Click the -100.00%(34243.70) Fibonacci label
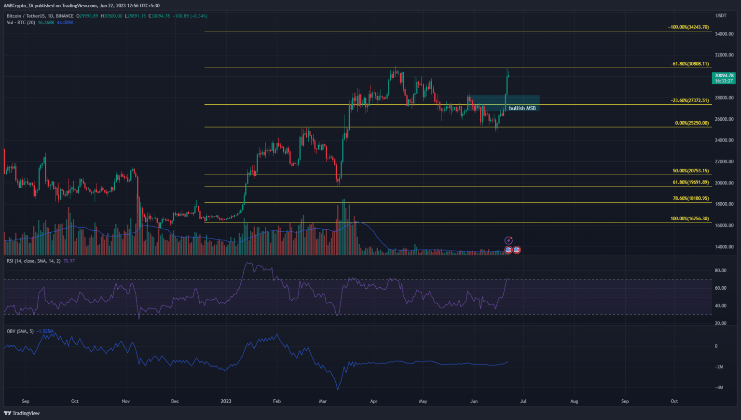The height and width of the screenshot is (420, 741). [688, 27]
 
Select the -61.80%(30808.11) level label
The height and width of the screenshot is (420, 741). [689, 64]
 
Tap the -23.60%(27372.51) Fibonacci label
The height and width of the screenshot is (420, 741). [689, 100]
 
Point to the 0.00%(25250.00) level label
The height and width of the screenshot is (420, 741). [692, 123]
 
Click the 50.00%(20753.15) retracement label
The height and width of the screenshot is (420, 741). [691, 171]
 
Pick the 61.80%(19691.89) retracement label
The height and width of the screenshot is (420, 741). [691, 182]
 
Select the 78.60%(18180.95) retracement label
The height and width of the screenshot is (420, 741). [691, 198]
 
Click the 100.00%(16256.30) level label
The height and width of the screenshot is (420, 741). [690, 219]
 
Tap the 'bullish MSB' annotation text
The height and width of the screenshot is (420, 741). [522, 108]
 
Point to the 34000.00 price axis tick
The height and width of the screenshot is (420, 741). [724, 34]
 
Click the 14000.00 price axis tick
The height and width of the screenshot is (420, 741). [724, 247]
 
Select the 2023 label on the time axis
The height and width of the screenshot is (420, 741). [226, 401]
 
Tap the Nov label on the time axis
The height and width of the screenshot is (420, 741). [126, 401]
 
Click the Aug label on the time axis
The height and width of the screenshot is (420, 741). [574, 401]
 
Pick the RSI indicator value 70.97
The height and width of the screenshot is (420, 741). [69, 261]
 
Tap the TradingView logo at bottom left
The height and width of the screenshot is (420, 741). [22, 413]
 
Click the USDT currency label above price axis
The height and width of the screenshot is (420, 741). [721, 15]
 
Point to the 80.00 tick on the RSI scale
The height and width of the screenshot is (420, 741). [720, 270]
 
